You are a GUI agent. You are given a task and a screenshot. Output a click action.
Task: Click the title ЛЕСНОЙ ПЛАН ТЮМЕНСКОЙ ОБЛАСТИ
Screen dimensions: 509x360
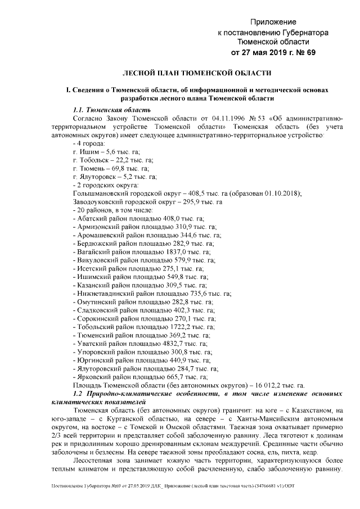point(197,73)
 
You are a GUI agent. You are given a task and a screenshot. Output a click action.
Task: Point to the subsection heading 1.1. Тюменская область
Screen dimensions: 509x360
point(112,109)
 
